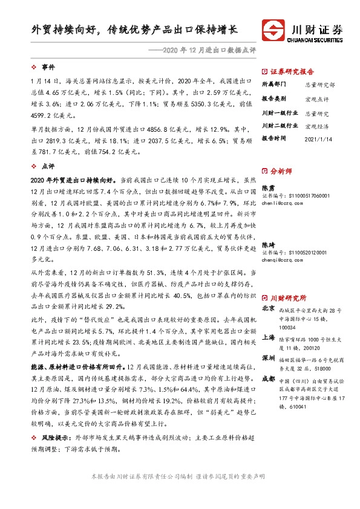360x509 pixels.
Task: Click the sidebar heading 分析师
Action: pyautogui.click(x=281, y=171)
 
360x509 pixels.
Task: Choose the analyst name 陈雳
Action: pyautogui.click(x=267, y=189)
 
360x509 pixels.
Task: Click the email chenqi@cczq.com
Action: pyautogui.click(x=282, y=261)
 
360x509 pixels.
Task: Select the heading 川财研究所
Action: pyautogui.click(x=288, y=298)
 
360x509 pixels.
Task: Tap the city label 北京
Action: pyautogui.click(x=267, y=308)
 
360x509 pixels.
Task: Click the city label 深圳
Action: pyautogui.click(x=267, y=358)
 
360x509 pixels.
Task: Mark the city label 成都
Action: pyautogui.click(x=267, y=378)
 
